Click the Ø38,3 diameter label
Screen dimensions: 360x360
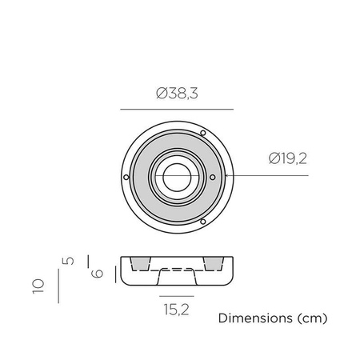point(177,94)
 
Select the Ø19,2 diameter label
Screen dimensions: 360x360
point(288,158)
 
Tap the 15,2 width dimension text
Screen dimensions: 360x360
point(176,310)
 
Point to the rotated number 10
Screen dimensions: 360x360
point(38,286)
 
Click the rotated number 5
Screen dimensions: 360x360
point(68,261)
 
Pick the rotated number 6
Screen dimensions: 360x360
point(97,274)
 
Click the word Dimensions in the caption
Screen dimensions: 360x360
point(255,318)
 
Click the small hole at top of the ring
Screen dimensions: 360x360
point(203,133)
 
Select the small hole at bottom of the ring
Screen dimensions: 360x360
point(203,222)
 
